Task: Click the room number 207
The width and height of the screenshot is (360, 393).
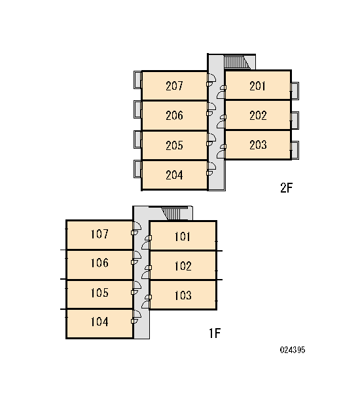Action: pyautogui.click(x=174, y=86)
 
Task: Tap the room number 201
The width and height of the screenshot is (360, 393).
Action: pyautogui.click(x=257, y=86)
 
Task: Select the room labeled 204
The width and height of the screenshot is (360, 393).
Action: pyautogui.click(x=174, y=175)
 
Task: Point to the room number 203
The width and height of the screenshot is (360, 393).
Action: pyautogui.click(x=258, y=145)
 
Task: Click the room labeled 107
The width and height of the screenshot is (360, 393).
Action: pyautogui.click(x=99, y=235)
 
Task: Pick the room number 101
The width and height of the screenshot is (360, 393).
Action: pyautogui.click(x=183, y=236)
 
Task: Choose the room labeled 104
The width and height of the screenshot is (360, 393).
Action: pyautogui.click(x=99, y=324)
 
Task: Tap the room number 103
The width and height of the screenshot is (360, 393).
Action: pyautogui.click(x=183, y=295)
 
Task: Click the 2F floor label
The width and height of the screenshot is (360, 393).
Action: pyautogui.click(x=286, y=187)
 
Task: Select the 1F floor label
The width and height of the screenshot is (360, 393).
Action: pyautogui.click(x=215, y=333)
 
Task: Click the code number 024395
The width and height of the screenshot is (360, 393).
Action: pyautogui.click(x=293, y=350)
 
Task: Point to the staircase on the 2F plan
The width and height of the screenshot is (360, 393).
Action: pyautogui.click(x=236, y=62)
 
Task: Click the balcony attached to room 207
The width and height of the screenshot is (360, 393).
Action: pyautogui.click(x=137, y=79)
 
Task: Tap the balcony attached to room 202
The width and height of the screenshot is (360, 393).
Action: pyautogui.click(x=295, y=121)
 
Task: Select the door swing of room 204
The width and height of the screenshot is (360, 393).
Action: pyautogui.click(x=211, y=169)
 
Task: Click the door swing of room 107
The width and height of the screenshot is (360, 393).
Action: pyautogui.click(x=136, y=229)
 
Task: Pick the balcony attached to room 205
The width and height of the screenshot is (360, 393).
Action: pyautogui.click(x=137, y=139)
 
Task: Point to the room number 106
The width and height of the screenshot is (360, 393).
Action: pyautogui.click(x=99, y=263)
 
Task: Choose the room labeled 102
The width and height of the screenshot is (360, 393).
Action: pyautogui.click(x=183, y=266)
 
